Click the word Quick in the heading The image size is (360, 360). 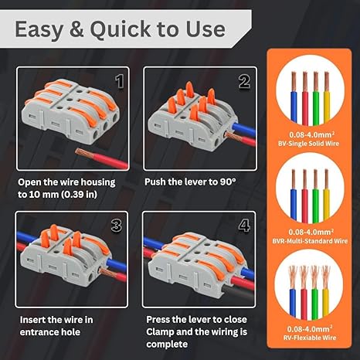pos(121,30)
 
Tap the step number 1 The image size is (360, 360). pos(120,82)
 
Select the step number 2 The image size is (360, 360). pos(244,82)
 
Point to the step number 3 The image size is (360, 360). pos(117,226)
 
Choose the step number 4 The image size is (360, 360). pos(244,226)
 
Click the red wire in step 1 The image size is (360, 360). pos(102,158)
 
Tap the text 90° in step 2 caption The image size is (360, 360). pos(228,182)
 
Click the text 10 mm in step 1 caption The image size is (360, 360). pos(43,194)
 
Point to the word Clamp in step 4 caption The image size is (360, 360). pos(160,331)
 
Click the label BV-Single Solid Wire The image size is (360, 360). pos(308,144)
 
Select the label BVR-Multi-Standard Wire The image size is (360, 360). pos(310,241)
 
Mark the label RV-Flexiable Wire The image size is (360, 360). pos(310,338)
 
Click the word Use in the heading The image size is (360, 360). pos(205,29)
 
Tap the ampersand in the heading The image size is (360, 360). pos(76,29)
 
